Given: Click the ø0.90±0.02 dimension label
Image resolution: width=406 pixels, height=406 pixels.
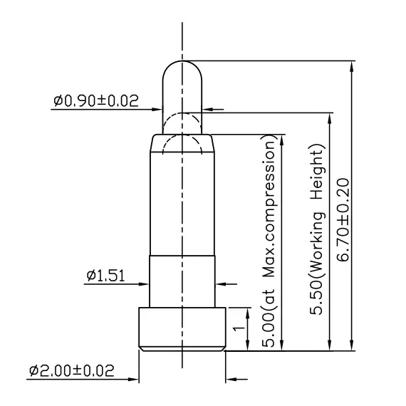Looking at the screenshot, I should [x=95, y=101].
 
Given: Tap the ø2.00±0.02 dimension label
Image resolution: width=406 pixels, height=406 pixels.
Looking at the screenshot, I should [x=71, y=371].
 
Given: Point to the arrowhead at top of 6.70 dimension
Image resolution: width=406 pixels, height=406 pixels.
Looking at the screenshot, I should [x=352, y=66].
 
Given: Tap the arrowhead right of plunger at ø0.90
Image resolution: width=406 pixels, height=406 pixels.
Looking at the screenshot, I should [x=207, y=110].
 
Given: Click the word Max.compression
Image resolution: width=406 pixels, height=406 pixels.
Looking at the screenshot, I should [x=271, y=214].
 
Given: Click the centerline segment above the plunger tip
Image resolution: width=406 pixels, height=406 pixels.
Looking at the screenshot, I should [x=183, y=43].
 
